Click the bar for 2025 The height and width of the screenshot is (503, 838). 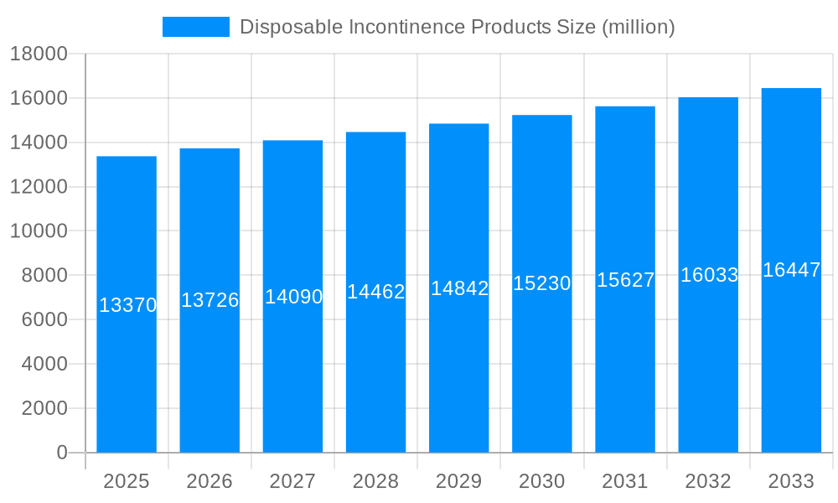127,377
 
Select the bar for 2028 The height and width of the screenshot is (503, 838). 375,377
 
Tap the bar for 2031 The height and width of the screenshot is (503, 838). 625,377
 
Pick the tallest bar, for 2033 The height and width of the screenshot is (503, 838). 791,377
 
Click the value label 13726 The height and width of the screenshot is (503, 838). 210,300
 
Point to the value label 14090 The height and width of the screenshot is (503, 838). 293,297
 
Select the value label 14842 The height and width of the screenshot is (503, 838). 459,288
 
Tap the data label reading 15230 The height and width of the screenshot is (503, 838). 542,283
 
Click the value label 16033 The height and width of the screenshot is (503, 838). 709,275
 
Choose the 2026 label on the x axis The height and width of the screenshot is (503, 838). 209,481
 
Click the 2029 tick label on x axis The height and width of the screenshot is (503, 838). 459,481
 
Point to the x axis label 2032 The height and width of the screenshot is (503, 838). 708,481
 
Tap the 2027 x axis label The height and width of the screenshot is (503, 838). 292,481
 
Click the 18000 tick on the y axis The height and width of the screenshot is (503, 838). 39,54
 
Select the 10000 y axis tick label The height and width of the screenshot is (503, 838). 39,231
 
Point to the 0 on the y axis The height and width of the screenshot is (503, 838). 61,453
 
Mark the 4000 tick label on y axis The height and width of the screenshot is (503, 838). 39,365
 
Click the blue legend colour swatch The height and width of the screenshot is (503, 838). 195,27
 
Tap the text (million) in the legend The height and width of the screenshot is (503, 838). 639,27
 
